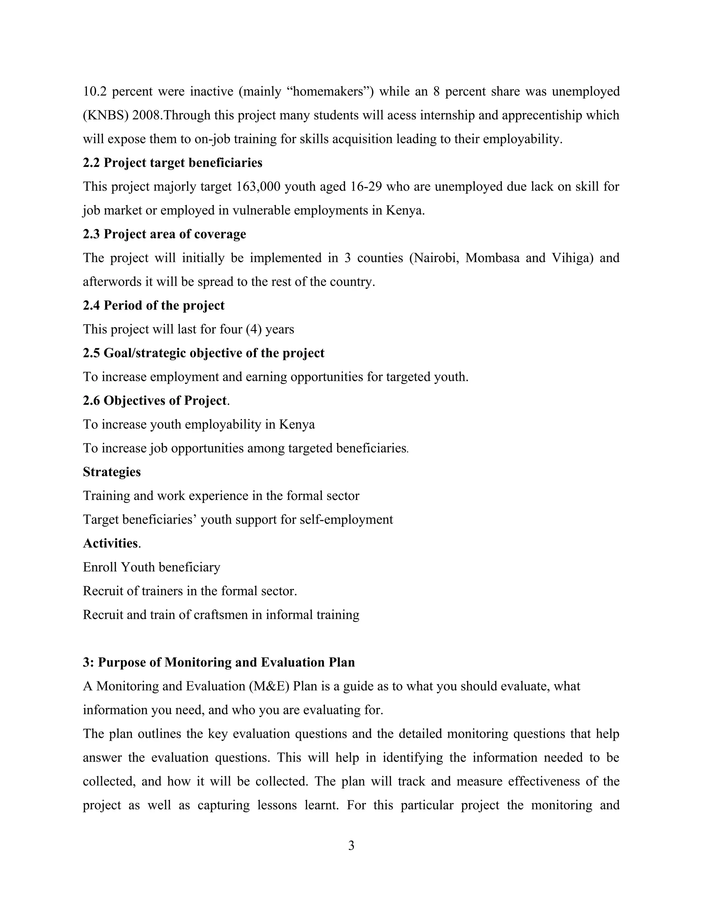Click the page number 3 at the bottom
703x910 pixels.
[351, 845]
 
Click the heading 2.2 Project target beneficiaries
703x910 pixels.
[172, 162]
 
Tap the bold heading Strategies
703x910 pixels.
[112, 472]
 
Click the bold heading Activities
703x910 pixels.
[111, 543]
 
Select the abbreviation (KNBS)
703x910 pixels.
[106, 115]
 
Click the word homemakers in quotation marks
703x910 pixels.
[328, 91]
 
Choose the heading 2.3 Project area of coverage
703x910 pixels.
[164, 234]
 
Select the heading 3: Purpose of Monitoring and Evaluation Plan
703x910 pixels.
[219, 662]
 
